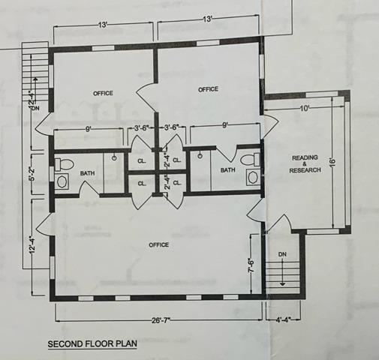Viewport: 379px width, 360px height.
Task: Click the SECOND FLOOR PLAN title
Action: [92, 344]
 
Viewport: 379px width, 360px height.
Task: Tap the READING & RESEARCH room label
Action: [305, 164]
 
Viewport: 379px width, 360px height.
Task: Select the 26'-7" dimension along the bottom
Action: [161, 320]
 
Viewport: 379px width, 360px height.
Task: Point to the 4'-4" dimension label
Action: [283, 319]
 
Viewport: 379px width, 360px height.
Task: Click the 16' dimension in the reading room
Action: [332, 161]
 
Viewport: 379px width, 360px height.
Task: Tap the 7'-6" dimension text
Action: [251, 265]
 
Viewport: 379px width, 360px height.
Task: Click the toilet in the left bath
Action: [64, 164]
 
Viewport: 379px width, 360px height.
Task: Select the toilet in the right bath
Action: [251, 160]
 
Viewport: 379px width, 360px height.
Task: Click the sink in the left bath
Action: [62, 181]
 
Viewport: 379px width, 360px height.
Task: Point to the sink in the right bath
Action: [253, 177]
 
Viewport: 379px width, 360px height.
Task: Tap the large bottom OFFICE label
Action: [159, 244]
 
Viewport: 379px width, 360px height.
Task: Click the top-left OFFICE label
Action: [103, 93]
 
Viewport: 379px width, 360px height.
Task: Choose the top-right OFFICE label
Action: [208, 89]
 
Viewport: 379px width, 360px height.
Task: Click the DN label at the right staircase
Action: [282, 254]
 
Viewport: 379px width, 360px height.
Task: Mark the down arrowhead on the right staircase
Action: [282, 284]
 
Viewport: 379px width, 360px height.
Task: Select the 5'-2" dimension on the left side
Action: [33, 173]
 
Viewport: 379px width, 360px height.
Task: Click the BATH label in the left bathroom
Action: [87, 173]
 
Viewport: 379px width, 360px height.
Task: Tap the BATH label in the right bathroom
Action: [228, 170]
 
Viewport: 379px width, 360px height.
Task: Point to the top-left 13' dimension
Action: [103, 25]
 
